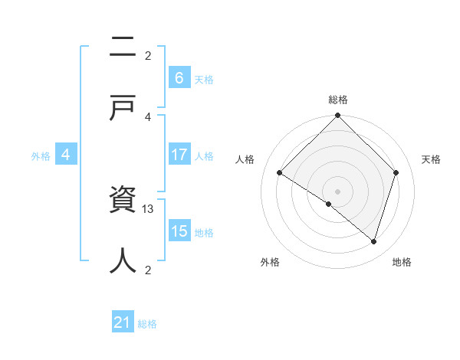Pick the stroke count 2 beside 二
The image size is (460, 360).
pos(148,55)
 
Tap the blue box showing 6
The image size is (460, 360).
pos(179,77)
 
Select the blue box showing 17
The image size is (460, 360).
pos(179,155)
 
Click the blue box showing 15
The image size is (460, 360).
pos(179,231)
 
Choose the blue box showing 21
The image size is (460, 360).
pos(123,322)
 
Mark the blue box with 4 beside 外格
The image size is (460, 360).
pos(66,155)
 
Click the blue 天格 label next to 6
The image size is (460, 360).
pos(204,79)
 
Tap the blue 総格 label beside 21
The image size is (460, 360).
pos(148,324)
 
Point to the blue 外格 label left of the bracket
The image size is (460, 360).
pos(41,156)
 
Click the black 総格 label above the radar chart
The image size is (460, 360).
pos(338,100)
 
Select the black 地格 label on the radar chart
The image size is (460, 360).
pos(402,262)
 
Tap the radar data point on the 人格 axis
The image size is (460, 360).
pos(280,173)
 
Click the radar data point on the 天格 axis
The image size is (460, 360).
pos(396,172)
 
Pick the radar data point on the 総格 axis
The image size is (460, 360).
pos(338,116)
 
